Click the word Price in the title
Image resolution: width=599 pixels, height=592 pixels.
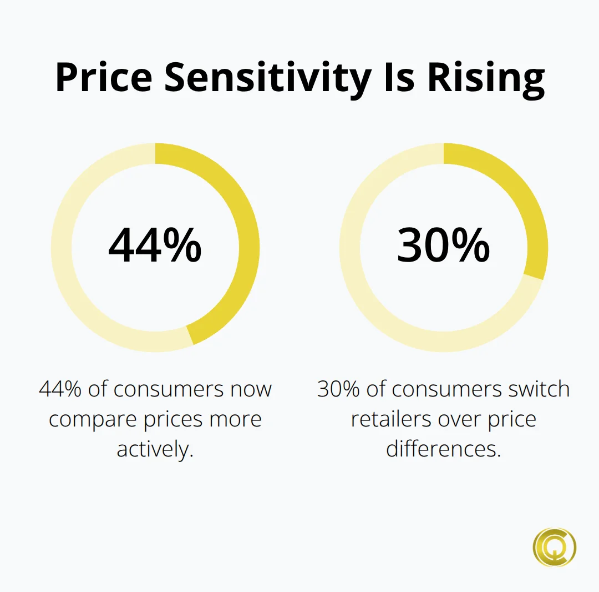tap(104, 78)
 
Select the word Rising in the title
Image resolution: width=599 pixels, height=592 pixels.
tap(486, 78)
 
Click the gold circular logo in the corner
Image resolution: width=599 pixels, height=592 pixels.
tap(554, 547)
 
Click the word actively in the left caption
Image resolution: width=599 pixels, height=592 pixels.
tap(155, 449)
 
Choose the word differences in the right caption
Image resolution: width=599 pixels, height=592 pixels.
tap(443, 449)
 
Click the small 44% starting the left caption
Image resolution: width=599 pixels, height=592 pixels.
tap(60, 389)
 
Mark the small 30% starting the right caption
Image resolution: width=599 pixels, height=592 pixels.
tap(338, 389)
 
